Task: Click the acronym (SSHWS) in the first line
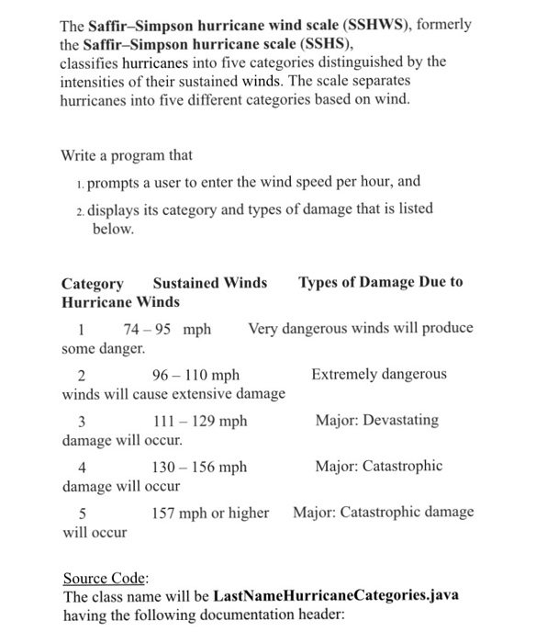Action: point(374,25)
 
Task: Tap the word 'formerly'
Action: point(444,25)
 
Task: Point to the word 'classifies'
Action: point(92,62)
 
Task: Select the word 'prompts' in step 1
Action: point(116,182)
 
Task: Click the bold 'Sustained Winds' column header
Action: point(210,283)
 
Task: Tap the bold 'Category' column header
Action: point(92,283)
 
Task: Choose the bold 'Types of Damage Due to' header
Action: point(380,283)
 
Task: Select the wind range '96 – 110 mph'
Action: point(195,375)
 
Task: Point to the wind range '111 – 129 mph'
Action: point(199,421)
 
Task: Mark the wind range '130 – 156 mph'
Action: point(199,467)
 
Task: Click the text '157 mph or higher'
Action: point(210,513)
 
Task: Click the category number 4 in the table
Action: point(82,467)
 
